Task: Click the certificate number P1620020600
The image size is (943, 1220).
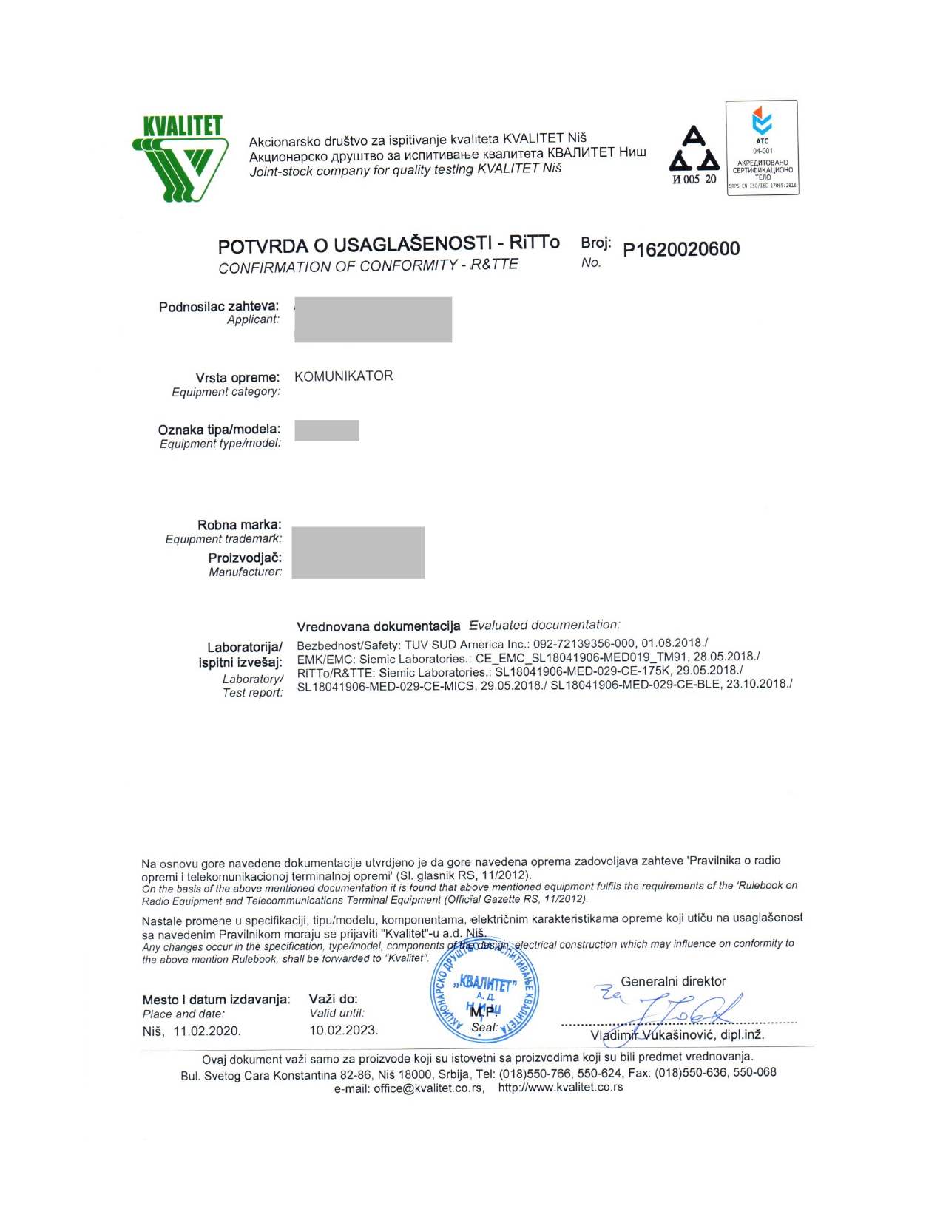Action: (681, 249)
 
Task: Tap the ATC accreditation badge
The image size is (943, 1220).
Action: (762, 148)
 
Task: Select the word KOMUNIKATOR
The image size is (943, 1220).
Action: (344, 376)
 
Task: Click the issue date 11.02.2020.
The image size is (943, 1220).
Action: (206, 1031)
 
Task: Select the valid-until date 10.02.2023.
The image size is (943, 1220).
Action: (343, 1030)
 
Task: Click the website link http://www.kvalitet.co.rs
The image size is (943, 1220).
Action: (561, 1088)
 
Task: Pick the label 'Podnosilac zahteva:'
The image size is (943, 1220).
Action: (219, 306)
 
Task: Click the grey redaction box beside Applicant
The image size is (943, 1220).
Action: (373, 319)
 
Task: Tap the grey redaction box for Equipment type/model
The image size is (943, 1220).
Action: (327, 430)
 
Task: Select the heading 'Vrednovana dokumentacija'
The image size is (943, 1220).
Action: (378, 626)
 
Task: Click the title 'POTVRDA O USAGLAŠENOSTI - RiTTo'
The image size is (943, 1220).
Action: (389, 244)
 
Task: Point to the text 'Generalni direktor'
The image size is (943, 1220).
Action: (673, 981)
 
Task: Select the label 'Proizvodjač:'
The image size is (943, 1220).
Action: (245, 558)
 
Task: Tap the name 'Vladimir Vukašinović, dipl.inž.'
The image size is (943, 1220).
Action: (677, 1034)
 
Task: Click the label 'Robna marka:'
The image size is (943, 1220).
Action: (239, 525)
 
